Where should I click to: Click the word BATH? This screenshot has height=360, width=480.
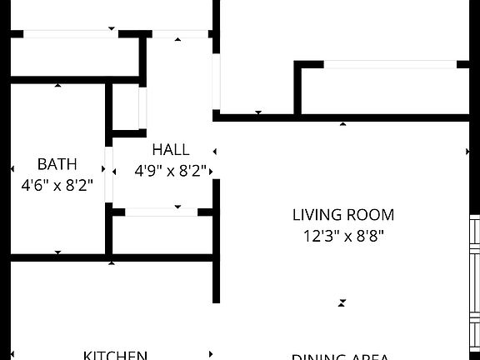(57, 164)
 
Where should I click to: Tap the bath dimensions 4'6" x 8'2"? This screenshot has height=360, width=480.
(57, 185)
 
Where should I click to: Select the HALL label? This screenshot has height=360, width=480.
(170, 150)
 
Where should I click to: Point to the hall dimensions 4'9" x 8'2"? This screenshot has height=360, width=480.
(171, 171)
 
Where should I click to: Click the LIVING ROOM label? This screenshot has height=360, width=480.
(342, 215)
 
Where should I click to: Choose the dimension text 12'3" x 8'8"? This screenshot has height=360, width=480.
(342, 236)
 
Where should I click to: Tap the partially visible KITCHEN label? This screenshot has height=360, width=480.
(115, 355)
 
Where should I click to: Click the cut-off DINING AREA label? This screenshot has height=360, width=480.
(340, 357)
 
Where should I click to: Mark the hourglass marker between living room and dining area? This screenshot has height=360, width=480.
(342, 303)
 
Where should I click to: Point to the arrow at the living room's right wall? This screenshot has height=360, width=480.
(467, 152)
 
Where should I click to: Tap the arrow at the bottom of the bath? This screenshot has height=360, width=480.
(57, 252)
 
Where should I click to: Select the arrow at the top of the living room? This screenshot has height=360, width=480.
(342, 124)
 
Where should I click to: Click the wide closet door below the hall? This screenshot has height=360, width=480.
(161, 212)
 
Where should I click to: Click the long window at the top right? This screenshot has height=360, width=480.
(390, 64)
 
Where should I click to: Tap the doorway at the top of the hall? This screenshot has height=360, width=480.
(179, 35)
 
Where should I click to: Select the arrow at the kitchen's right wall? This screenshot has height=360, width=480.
(212, 354)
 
